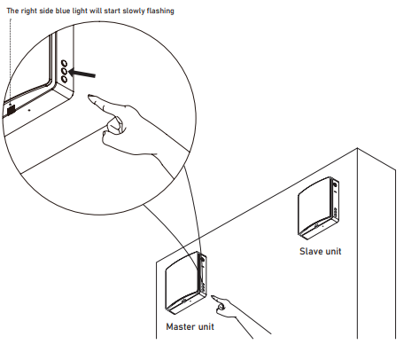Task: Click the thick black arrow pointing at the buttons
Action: click(x=82, y=73)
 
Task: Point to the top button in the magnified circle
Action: click(x=64, y=63)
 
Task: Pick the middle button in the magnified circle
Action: click(x=64, y=71)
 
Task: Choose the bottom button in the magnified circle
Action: click(x=64, y=79)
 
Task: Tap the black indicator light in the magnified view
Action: click(x=11, y=110)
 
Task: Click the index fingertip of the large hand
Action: click(x=89, y=97)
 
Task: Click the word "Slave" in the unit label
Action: click(x=310, y=251)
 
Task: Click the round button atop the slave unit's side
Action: click(x=335, y=184)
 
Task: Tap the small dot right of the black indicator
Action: click(x=29, y=110)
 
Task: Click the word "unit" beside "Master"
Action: click(x=206, y=326)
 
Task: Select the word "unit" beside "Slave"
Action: click(x=332, y=251)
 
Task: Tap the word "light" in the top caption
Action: click(x=80, y=12)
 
